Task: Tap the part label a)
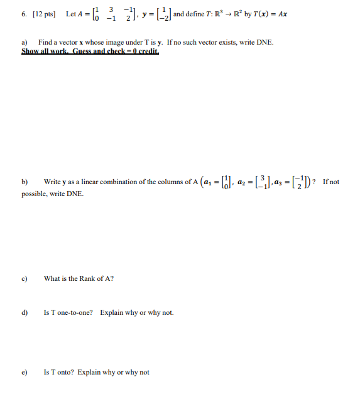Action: tap(25, 42)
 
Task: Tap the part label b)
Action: tap(25, 182)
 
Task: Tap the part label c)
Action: tap(25, 278)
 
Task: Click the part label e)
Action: tap(25, 372)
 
